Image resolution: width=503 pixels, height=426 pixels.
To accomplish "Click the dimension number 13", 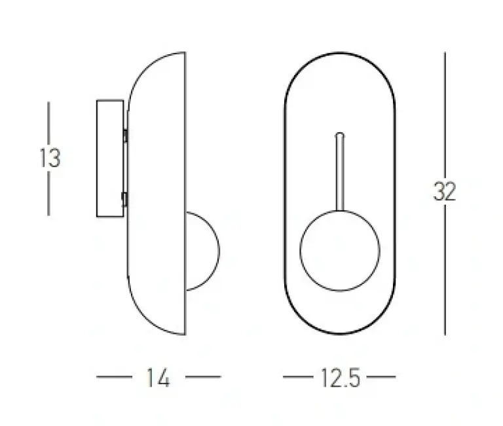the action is coord(50,158).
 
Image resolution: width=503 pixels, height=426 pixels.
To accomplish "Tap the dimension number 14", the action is coord(158,378).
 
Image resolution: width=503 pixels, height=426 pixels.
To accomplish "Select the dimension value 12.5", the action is coord(341,378).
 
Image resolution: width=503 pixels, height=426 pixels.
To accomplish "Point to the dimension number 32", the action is coord(445,191).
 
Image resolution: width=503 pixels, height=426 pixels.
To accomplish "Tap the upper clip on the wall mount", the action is coord(126,135).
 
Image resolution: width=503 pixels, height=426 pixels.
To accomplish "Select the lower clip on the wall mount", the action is coord(125,200).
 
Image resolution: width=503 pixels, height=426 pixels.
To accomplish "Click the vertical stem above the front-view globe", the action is coord(340,172).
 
